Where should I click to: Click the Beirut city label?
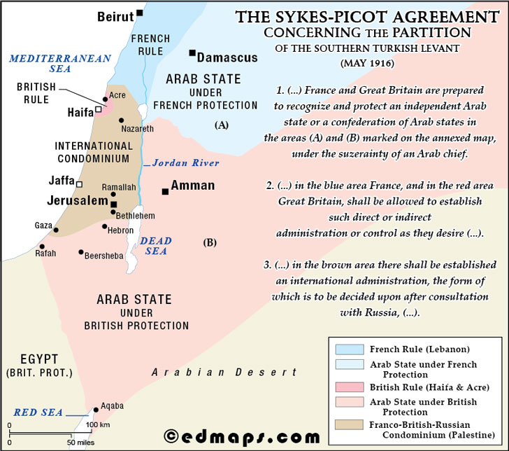coord(115,15)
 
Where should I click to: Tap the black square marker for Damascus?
coord(192,53)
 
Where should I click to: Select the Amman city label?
coord(192,186)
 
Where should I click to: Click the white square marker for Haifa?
coord(99,109)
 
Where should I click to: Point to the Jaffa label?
coord(62,180)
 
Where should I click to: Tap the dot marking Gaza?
coord(56,229)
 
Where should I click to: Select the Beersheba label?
coord(104,256)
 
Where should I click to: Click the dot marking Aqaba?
coord(96,410)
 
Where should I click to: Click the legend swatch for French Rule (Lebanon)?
coord(350,349)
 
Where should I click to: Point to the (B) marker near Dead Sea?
coord(210,243)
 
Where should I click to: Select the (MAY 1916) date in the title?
coord(368,63)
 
